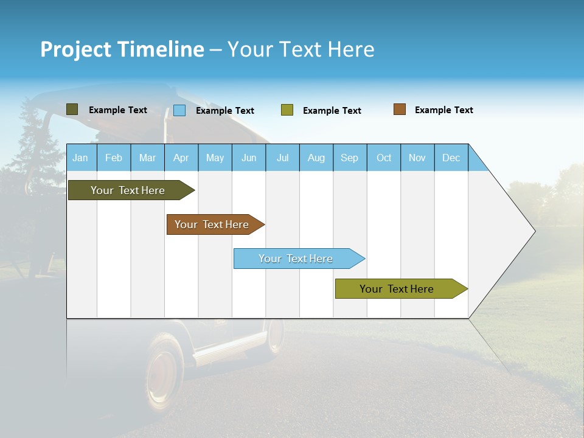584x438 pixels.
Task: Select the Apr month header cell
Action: click(x=181, y=158)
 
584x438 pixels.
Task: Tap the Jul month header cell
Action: click(x=283, y=158)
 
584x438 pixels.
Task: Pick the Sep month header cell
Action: click(x=350, y=158)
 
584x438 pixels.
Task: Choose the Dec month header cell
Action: click(x=451, y=158)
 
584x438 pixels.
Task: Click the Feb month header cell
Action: click(x=114, y=158)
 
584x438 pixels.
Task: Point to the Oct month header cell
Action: click(x=384, y=158)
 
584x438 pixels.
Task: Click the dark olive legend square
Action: click(x=72, y=109)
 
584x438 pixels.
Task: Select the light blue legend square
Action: click(x=179, y=110)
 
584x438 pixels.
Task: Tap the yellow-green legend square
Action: click(x=287, y=110)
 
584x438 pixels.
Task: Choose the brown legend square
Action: click(x=400, y=109)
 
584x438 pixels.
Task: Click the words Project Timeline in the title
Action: click(x=122, y=49)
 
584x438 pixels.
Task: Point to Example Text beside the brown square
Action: click(x=444, y=110)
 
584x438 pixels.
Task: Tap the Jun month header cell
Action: click(x=249, y=158)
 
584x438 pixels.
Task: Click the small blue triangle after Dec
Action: click(x=476, y=162)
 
